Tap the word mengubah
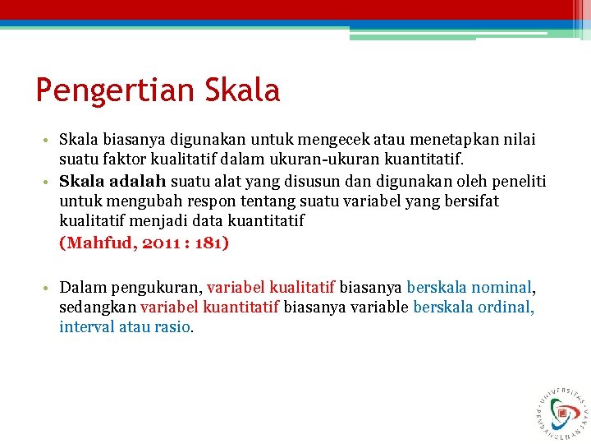[140, 201]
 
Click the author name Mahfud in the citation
[98, 243]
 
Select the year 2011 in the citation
[160, 243]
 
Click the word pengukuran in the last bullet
[152, 287]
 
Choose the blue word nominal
[502, 287]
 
